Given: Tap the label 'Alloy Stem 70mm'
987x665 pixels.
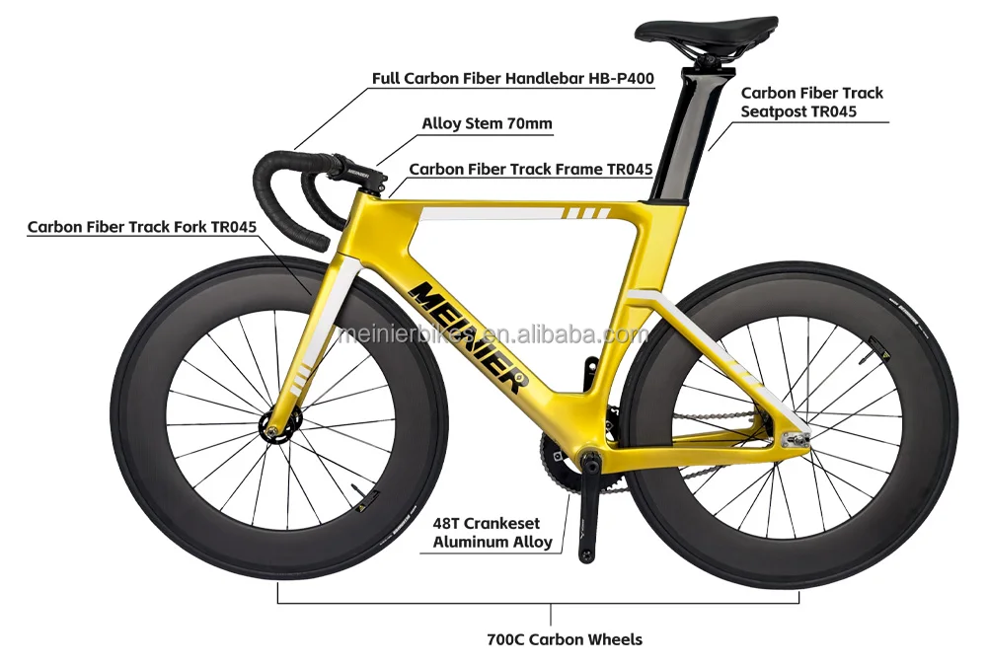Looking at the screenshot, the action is [x=487, y=124].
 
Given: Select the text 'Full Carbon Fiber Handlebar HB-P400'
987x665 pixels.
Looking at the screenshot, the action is [x=513, y=78].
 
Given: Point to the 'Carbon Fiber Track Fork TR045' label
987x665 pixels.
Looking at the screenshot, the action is [x=142, y=227].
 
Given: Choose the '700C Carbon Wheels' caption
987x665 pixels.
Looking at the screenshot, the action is [x=565, y=639].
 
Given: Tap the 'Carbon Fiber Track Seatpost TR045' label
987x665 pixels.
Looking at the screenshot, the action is [x=811, y=102].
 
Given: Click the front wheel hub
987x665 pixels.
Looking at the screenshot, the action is [x=270, y=427].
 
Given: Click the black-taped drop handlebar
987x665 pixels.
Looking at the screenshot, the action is [x=296, y=197].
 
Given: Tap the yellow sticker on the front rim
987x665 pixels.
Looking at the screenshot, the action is [x=372, y=496].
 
